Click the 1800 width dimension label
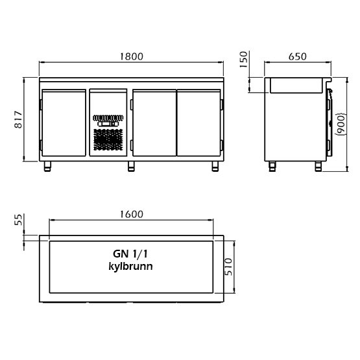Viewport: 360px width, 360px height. pos(132,56)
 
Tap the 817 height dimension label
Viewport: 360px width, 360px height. pos(18,119)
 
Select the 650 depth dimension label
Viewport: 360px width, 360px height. pos(297,56)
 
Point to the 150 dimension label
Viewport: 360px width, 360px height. pos(244,59)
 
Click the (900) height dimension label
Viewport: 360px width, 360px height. pos(341,124)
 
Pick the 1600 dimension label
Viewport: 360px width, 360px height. pos(132,214)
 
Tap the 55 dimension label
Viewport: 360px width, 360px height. pos(18,220)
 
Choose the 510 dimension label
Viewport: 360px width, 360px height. pos(228,267)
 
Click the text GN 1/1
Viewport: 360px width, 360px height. pos(130,254)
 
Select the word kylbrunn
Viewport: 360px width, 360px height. pos(130,267)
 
